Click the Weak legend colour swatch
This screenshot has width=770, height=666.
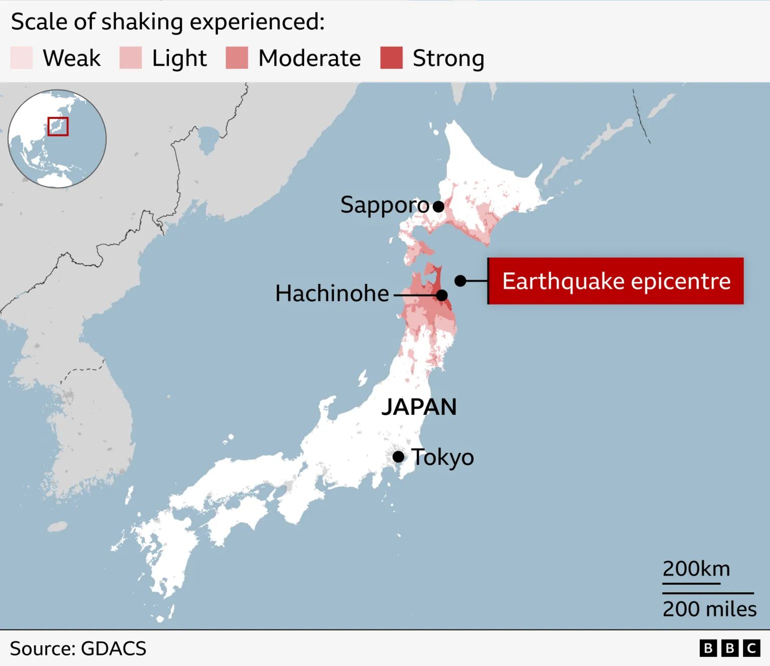pos(22,58)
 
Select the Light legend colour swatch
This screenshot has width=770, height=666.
pos(131,58)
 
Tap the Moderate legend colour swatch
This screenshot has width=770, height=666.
pos(237,58)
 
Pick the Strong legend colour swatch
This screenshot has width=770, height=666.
pos(392,58)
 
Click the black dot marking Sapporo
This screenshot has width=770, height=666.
pos(439,206)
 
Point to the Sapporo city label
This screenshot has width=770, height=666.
pos(384,205)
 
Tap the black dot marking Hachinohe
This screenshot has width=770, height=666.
pos(442,295)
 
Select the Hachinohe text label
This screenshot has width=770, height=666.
pos(332,293)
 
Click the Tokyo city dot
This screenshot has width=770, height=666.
pos(399,457)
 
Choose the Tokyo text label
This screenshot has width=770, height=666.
pos(443,457)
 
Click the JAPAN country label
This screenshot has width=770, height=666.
pos(419,407)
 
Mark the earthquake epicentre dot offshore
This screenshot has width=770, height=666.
pos(460,281)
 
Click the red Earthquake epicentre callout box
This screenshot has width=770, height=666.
pos(616,281)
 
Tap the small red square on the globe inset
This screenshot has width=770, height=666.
pos(58,126)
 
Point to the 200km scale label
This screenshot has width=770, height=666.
pos(696,569)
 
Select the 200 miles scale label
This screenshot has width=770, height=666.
pos(709,609)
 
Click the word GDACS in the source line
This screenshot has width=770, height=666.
pos(113,648)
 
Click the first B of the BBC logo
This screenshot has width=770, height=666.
pos(708,648)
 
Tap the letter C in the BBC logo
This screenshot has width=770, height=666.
pos(751,648)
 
